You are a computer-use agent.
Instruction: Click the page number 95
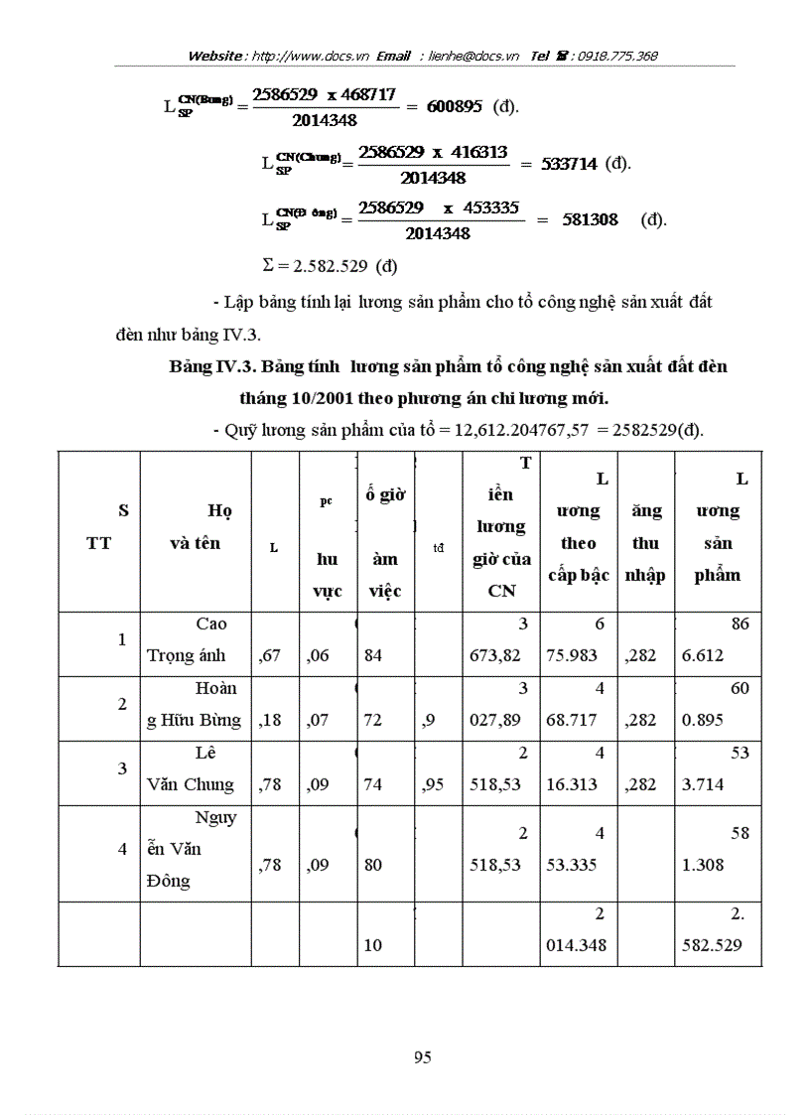(422, 1056)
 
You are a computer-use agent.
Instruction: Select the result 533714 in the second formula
(569, 164)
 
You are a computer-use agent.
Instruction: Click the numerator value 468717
(362, 95)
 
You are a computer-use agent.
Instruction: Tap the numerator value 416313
(473, 153)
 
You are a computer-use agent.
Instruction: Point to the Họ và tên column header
(195, 527)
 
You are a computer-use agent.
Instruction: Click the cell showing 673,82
(496, 655)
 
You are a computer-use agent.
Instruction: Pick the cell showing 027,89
(496, 720)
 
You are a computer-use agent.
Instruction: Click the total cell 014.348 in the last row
(577, 945)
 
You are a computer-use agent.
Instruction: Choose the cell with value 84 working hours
(373, 655)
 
